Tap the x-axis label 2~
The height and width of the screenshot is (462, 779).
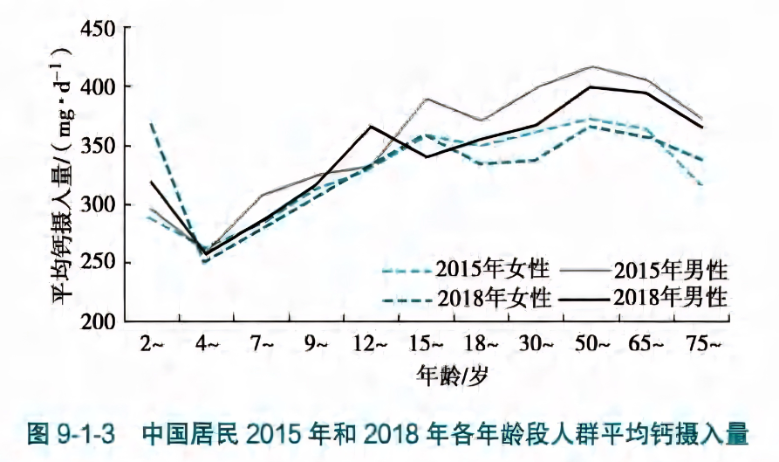click(x=152, y=345)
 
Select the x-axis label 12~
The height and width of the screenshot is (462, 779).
click(x=372, y=345)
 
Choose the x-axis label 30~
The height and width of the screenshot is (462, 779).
click(x=536, y=345)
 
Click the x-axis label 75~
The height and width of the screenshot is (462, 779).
click(x=702, y=345)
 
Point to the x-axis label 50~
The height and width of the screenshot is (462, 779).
click(x=592, y=345)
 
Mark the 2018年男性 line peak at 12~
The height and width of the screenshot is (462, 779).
click(x=372, y=127)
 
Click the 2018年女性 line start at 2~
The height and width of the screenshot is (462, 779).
click(x=152, y=123)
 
